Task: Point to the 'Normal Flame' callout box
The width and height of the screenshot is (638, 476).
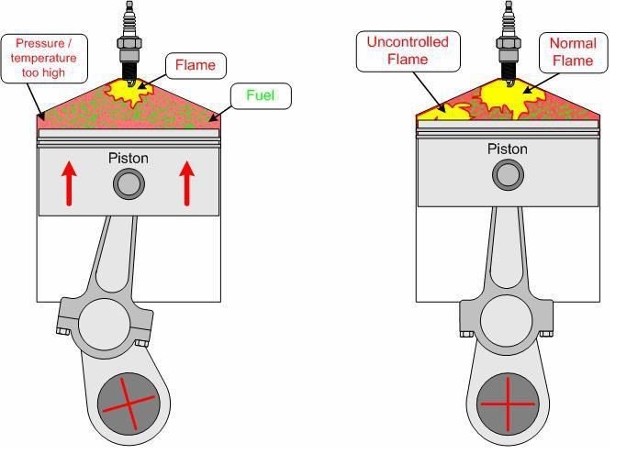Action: coord(572,51)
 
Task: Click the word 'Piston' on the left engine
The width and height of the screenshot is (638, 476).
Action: coord(128,159)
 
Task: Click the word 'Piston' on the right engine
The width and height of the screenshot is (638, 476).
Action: coord(507,149)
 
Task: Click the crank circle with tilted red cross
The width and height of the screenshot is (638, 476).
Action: coord(129,404)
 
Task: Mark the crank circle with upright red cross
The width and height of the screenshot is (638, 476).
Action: coord(507,403)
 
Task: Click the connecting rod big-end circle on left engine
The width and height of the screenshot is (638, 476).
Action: coord(104,326)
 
